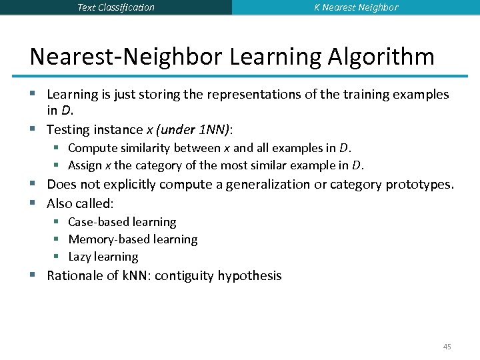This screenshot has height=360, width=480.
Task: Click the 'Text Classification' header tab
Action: (x=116, y=7)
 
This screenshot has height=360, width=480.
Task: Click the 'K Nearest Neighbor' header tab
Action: (x=356, y=7)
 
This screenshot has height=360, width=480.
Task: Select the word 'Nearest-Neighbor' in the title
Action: (x=126, y=56)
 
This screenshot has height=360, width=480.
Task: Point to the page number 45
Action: (x=447, y=347)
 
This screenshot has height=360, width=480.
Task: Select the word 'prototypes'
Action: (x=419, y=184)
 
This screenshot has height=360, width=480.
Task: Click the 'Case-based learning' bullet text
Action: (x=122, y=222)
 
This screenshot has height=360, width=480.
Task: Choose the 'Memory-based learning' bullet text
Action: (x=133, y=239)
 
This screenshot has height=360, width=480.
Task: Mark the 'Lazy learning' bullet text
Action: (x=103, y=257)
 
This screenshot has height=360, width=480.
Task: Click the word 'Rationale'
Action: (x=75, y=275)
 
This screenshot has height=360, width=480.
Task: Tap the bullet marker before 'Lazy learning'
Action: (x=58, y=257)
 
